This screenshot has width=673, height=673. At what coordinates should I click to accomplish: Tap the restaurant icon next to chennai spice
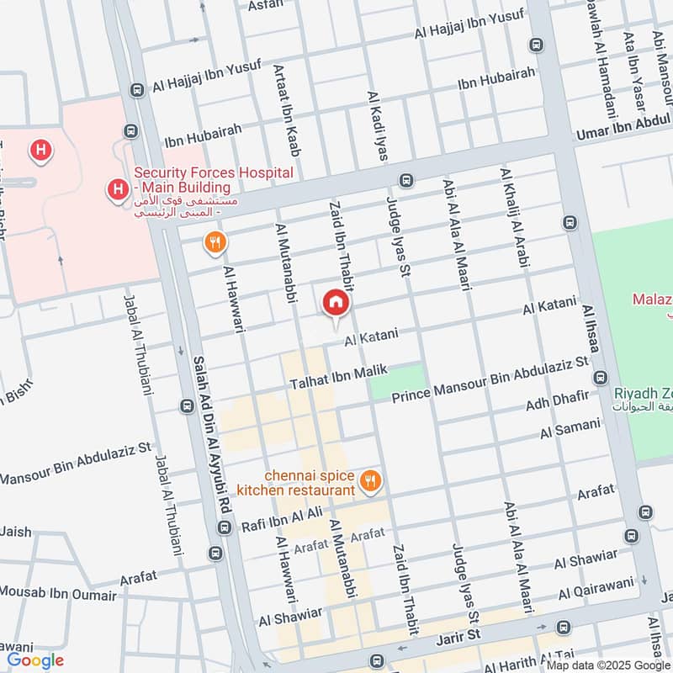point(369,482)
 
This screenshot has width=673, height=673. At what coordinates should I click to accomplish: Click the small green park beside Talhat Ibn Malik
point(395,382)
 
